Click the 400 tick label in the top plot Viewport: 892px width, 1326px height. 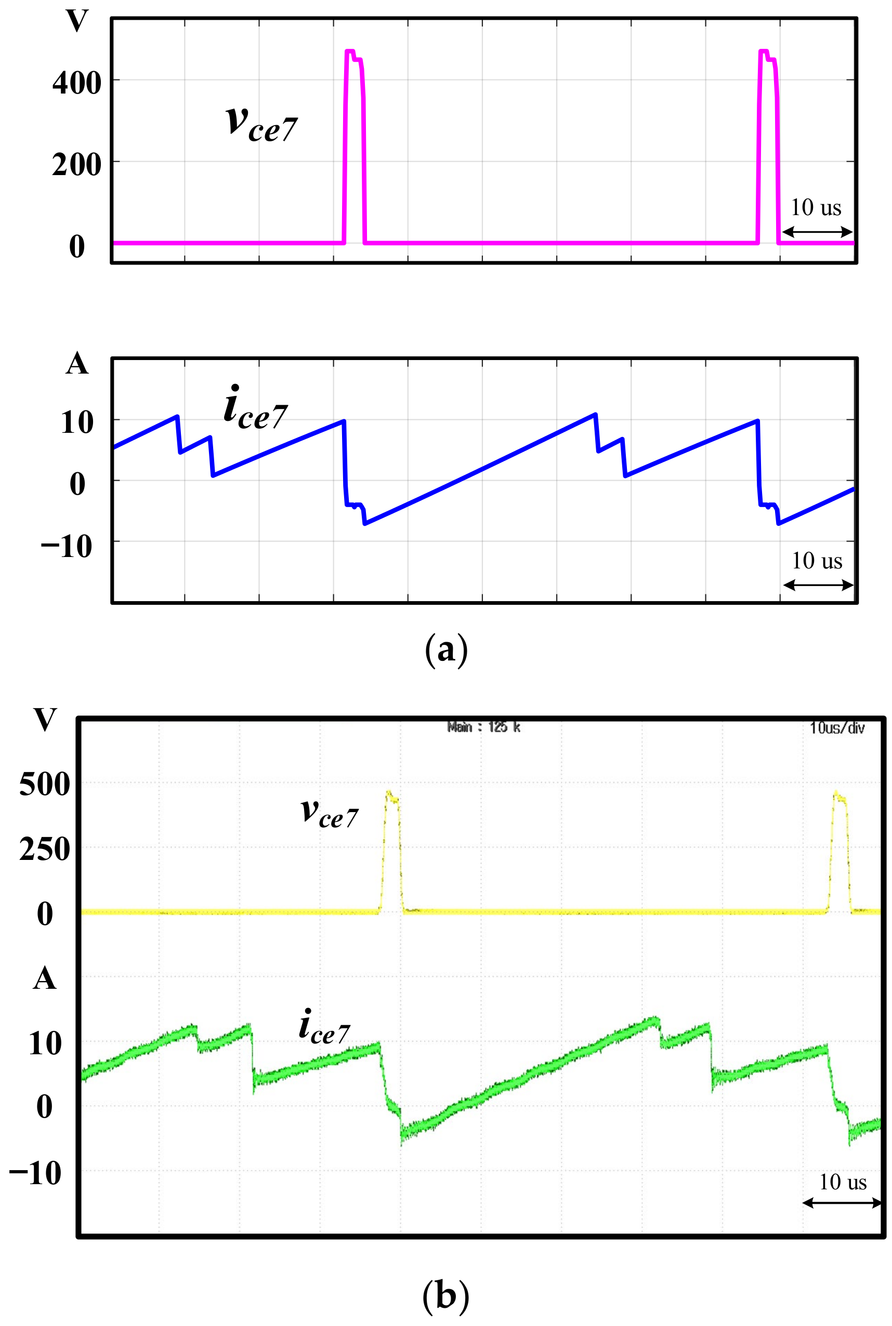click(77, 83)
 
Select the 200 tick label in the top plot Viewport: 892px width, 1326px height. click(77, 165)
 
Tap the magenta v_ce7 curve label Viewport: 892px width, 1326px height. click(261, 123)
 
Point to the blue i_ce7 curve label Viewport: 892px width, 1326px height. click(255, 408)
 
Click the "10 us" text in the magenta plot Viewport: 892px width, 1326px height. click(816, 207)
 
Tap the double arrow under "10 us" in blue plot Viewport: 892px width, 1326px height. click(818, 585)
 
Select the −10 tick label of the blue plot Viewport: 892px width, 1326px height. click(67, 547)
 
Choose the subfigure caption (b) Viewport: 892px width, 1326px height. click(446, 1295)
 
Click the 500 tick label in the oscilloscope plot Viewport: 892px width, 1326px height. click(44, 784)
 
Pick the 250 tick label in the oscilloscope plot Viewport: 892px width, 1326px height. click(44, 850)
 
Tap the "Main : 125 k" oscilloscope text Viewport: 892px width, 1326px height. click(483, 727)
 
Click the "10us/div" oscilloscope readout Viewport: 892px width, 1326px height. click(837, 728)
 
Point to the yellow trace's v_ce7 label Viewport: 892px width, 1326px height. click(330, 813)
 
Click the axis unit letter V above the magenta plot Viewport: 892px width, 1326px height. click(77, 21)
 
